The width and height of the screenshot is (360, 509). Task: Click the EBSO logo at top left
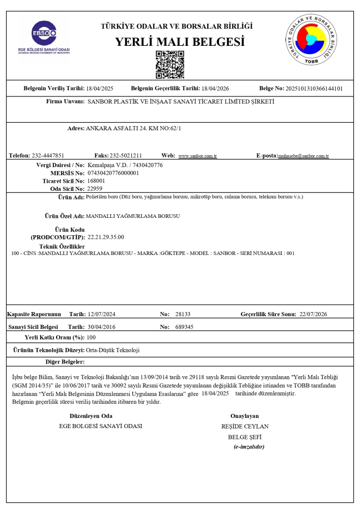click(x=43, y=38)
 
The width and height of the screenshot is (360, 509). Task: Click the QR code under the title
click(x=170, y=64)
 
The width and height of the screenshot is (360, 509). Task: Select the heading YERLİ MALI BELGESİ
click(x=180, y=41)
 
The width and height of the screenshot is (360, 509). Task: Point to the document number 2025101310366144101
click(x=314, y=89)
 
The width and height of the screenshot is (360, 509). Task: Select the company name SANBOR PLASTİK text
click(x=181, y=102)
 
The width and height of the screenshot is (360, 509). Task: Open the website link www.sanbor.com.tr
click(x=198, y=156)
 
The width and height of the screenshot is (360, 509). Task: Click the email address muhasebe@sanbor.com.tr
click(x=303, y=156)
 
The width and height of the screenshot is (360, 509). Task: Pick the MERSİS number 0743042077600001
click(x=114, y=173)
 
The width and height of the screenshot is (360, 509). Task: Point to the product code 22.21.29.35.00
click(x=106, y=237)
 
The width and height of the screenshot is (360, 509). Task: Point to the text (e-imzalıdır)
click(x=248, y=447)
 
